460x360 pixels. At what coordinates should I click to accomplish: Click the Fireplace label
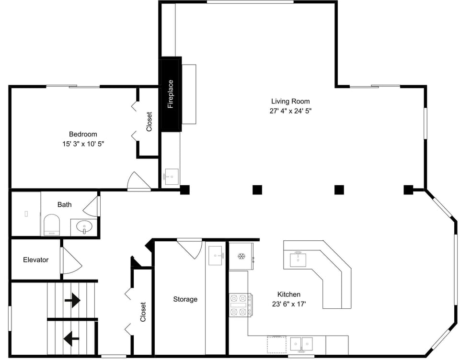171,94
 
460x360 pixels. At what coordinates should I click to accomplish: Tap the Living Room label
290,101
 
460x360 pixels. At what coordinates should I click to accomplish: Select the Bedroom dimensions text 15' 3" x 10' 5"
83,144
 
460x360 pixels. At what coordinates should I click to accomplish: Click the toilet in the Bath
52,225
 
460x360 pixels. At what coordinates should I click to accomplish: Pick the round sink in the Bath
84,226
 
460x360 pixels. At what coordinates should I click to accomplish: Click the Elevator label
36,260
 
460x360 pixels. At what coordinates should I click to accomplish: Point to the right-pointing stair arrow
72,301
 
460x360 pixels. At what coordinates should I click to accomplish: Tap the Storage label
185,299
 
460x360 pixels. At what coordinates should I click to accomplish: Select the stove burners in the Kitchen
239,305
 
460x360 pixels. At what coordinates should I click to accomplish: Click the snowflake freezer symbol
241,257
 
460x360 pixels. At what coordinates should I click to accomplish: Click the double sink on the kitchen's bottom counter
301,344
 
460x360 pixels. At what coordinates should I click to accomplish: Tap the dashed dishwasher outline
276,345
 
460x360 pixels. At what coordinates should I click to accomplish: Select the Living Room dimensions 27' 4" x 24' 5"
290,111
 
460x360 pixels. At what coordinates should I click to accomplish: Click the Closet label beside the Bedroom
149,122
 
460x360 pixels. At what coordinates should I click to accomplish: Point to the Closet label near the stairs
143,312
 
